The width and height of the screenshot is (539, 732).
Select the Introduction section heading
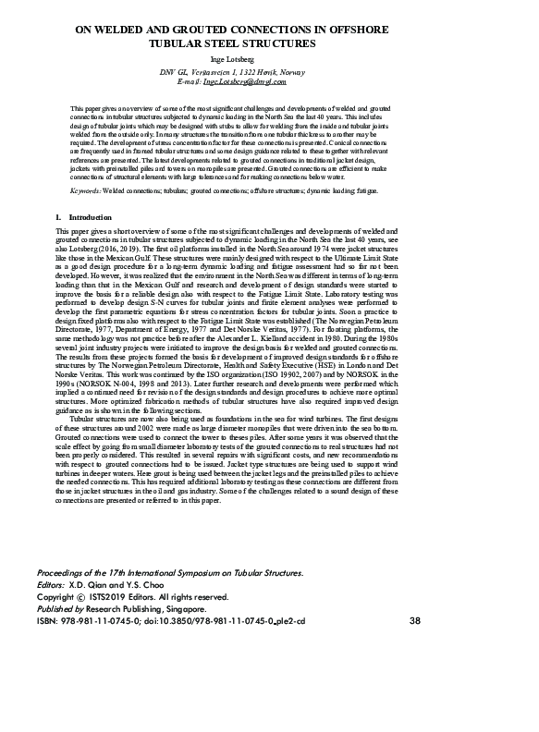coord(90,217)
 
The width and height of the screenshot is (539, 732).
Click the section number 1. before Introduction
coord(59,217)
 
